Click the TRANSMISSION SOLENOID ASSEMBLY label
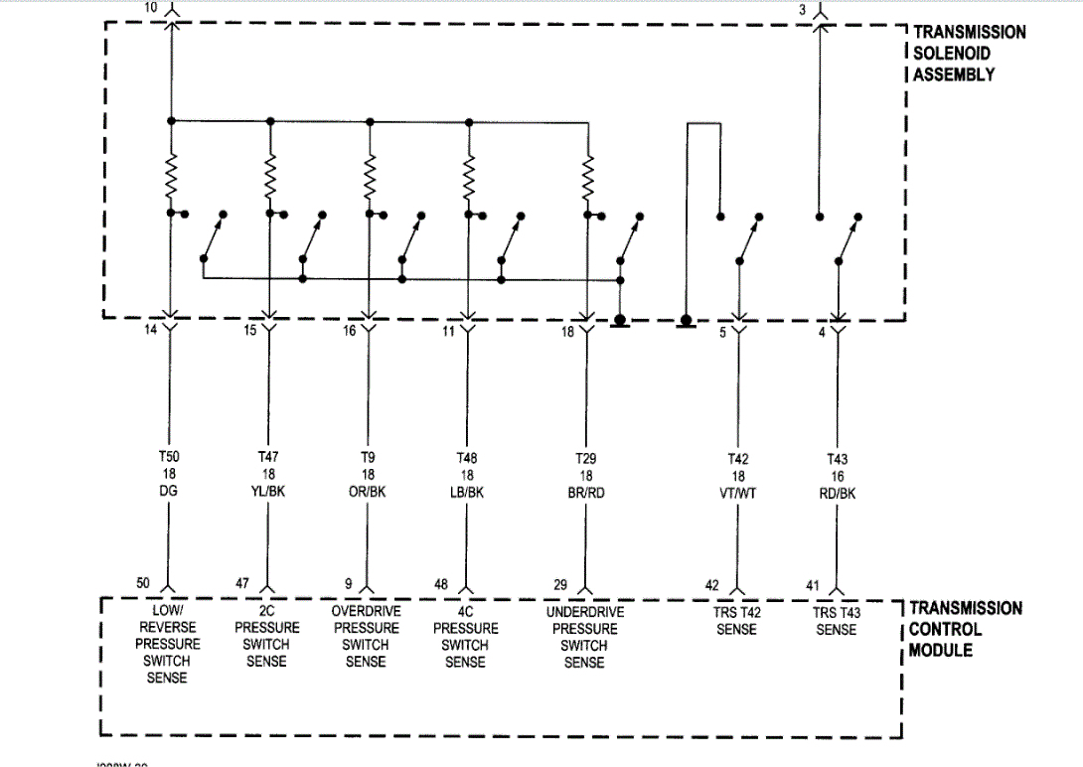coord(969,53)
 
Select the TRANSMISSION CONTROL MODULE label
coord(965,629)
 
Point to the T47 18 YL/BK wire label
coord(267,474)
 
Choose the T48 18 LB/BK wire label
coord(466,474)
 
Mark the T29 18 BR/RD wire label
coord(585,474)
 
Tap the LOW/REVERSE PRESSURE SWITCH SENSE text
coord(167,644)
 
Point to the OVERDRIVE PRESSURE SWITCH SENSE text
coord(366,636)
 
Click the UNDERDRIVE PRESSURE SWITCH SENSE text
coord(584,637)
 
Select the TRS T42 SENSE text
coord(736,621)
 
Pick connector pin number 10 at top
coord(150,8)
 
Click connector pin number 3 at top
coord(802,9)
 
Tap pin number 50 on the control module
coord(144,582)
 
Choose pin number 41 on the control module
coord(813,584)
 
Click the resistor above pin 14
coord(171,177)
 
